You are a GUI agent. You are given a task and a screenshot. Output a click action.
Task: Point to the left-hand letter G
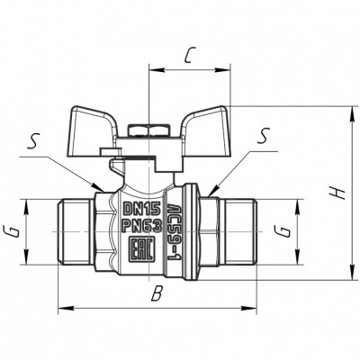pyautogui.click(x=13, y=232)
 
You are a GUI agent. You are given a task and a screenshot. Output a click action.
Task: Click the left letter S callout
pyautogui.click(x=31, y=143)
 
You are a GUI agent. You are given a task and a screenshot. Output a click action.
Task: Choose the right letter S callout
pyautogui.click(x=264, y=135)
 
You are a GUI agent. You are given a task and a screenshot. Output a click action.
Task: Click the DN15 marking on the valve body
pyautogui.click(x=142, y=209)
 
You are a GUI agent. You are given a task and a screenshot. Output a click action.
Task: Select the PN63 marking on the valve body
pyautogui.click(x=142, y=225)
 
